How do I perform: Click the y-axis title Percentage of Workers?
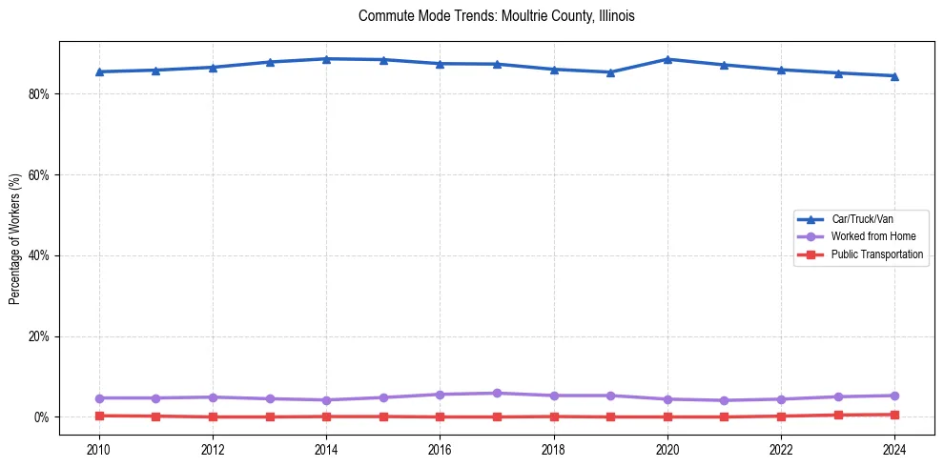coord(15,238)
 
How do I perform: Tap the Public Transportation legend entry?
coord(876,254)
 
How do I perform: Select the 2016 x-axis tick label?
coord(440,449)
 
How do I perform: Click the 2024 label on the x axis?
coord(894,449)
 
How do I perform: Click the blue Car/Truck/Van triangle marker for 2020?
coord(667,59)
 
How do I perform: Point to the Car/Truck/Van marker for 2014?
coord(326,59)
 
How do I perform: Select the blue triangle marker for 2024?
coord(894,76)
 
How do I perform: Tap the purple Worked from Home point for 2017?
coord(497,393)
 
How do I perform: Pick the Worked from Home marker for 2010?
coord(99,397)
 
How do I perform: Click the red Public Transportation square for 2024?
coord(894,415)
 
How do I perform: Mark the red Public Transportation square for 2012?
coord(213,416)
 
